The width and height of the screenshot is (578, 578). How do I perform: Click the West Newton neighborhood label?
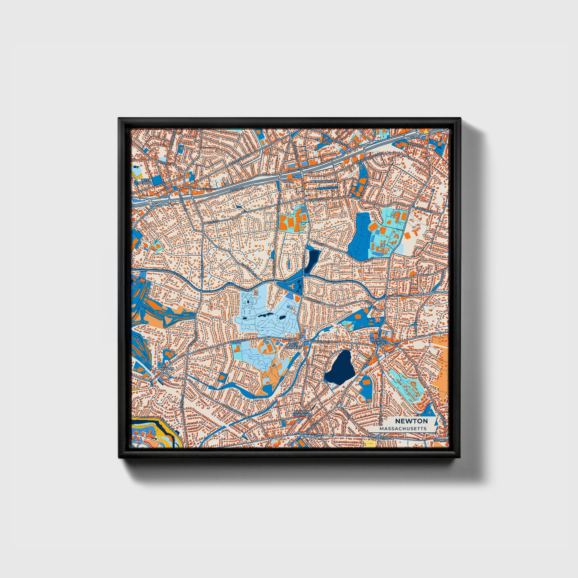pyautogui.click(x=146, y=181)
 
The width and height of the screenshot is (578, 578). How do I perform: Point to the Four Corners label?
pyautogui.click(x=294, y=344)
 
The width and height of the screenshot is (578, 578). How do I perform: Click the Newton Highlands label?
pyautogui.click(x=302, y=413)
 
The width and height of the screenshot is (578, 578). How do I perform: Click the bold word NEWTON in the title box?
pyautogui.click(x=411, y=421)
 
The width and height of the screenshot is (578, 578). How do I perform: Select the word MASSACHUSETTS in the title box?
pyautogui.click(x=403, y=428)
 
